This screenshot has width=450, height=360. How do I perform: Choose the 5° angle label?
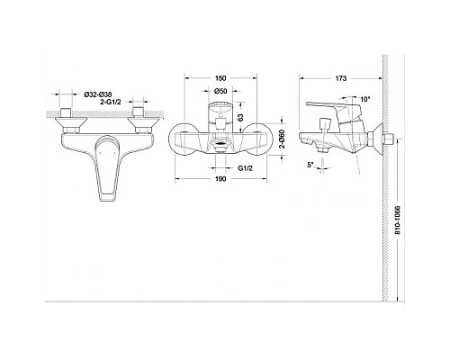(311, 165)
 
